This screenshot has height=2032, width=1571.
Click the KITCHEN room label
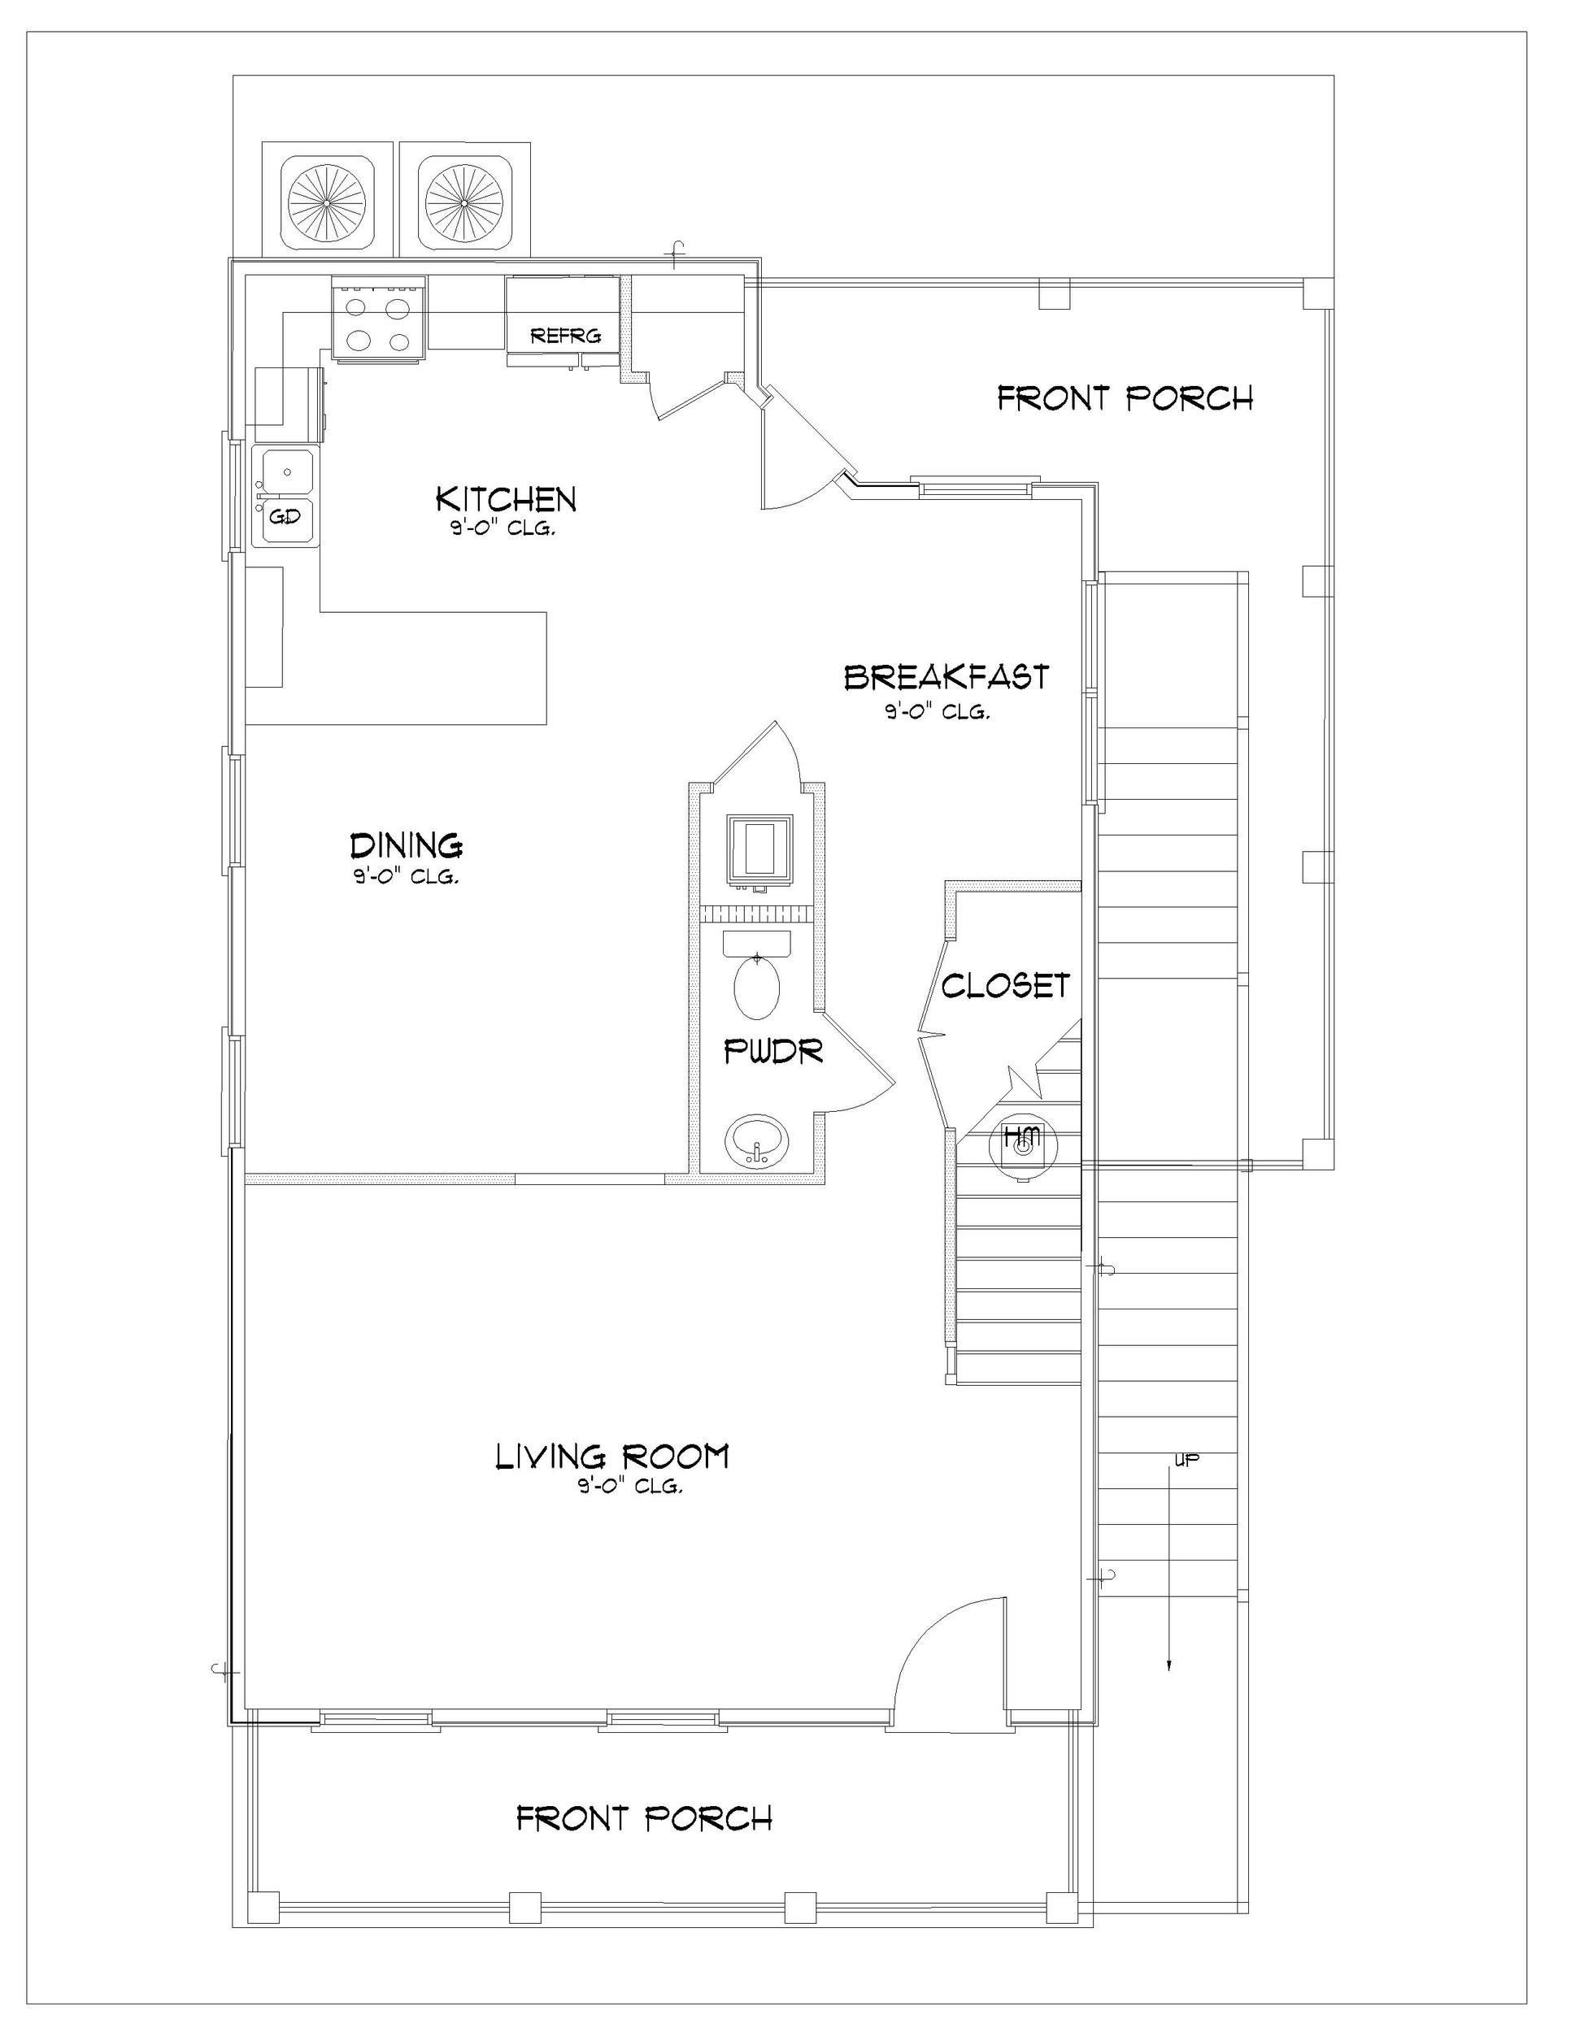507,500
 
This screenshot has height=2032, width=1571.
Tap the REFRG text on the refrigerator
565,336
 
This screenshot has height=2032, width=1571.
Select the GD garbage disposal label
285,515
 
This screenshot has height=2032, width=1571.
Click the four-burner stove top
380,323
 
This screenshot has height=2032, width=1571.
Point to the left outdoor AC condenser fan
327,201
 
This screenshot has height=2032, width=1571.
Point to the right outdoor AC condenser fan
464,201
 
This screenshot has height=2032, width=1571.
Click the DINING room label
407,846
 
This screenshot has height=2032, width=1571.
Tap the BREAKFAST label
946,677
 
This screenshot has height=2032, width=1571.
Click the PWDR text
773,1053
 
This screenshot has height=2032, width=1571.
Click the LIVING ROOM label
611,1456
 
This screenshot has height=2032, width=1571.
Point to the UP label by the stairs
1186,1461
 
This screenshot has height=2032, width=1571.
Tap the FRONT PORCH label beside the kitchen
1125,399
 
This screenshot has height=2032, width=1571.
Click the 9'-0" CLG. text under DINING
406,877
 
